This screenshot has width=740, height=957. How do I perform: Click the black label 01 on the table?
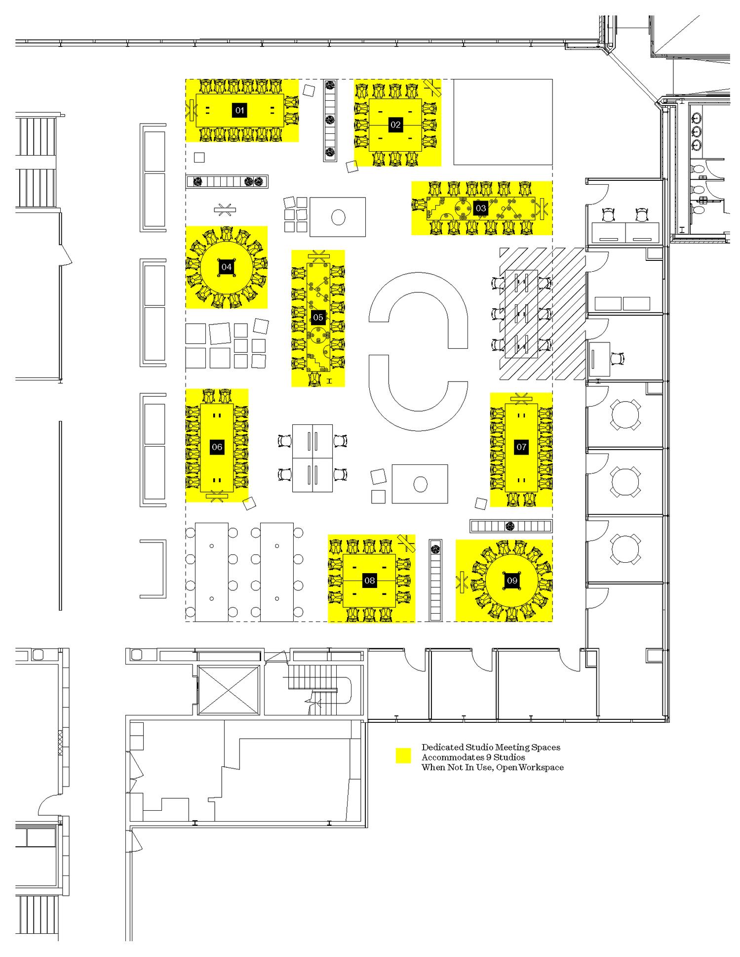(x=239, y=110)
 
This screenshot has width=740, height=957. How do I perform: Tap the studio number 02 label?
(x=395, y=125)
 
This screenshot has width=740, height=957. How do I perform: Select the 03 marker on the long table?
(x=480, y=208)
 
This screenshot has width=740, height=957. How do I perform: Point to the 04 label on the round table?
(x=226, y=267)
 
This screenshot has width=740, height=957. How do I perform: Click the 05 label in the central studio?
(x=318, y=317)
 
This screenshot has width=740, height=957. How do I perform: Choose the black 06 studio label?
(x=217, y=447)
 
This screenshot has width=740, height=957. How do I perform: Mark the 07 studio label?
(x=521, y=447)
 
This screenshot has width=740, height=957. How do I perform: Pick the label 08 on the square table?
(x=369, y=581)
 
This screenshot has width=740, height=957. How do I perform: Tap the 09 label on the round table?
(x=512, y=580)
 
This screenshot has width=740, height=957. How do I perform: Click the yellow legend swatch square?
(x=403, y=756)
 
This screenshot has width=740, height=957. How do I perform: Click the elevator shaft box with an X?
(x=229, y=690)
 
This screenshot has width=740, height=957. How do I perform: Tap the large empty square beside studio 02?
(x=503, y=122)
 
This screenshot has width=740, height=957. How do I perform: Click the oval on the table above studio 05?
(x=338, y=217)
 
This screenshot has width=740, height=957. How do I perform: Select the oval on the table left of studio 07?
(x=420, y=484)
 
